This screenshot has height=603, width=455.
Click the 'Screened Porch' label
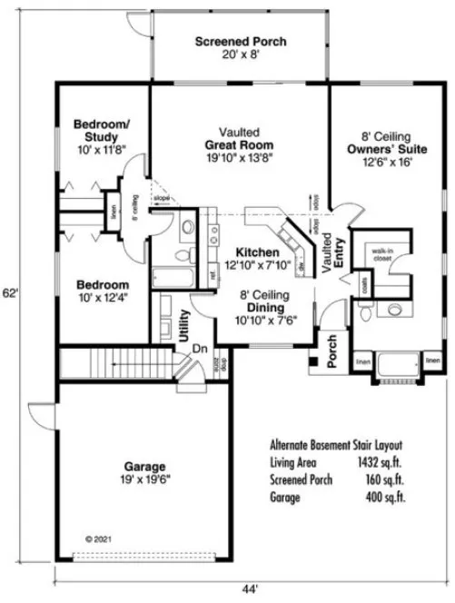(241, 42)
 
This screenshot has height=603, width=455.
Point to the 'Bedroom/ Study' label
(102, 130)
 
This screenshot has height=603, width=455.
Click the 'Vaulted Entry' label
(333, 251)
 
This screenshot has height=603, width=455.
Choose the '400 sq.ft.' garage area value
(384, 498)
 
